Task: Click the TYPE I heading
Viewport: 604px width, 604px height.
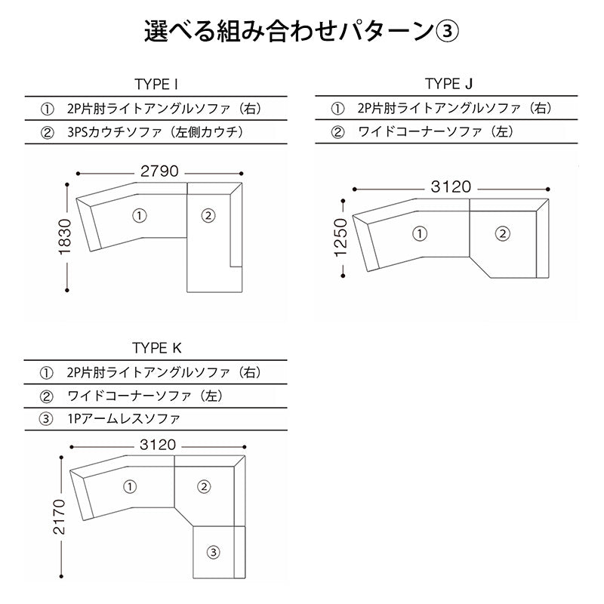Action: point(156,84)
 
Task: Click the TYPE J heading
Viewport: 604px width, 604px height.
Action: point(448,84)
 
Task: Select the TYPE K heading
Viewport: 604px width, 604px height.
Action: point(156,348)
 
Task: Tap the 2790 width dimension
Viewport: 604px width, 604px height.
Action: point(159,171)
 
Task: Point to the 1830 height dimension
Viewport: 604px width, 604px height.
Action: point(65,236)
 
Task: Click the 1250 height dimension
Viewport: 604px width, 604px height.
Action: point(341,238)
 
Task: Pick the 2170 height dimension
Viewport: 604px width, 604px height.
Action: point(59,517)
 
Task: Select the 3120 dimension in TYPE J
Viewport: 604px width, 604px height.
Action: point(451,186)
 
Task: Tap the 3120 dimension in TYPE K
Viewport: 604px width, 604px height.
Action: point(158,445)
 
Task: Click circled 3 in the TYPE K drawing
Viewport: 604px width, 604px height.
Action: point(214,553)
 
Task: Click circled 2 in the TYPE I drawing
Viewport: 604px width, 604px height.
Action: point(208,216)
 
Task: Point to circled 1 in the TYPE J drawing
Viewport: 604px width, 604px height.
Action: point(420,233)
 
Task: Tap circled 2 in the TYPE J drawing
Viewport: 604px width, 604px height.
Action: point(502,233)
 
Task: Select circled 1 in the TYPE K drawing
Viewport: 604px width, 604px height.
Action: point(130,486)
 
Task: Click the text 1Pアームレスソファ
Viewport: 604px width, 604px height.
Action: point(124,419)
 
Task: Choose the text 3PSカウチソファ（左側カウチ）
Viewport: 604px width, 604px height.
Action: point(156,132)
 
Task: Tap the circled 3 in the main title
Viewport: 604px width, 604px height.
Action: point(447,32)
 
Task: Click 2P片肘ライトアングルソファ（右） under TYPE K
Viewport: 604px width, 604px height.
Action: point(165,372)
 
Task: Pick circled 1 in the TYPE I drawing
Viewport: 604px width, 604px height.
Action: point(140,216)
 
